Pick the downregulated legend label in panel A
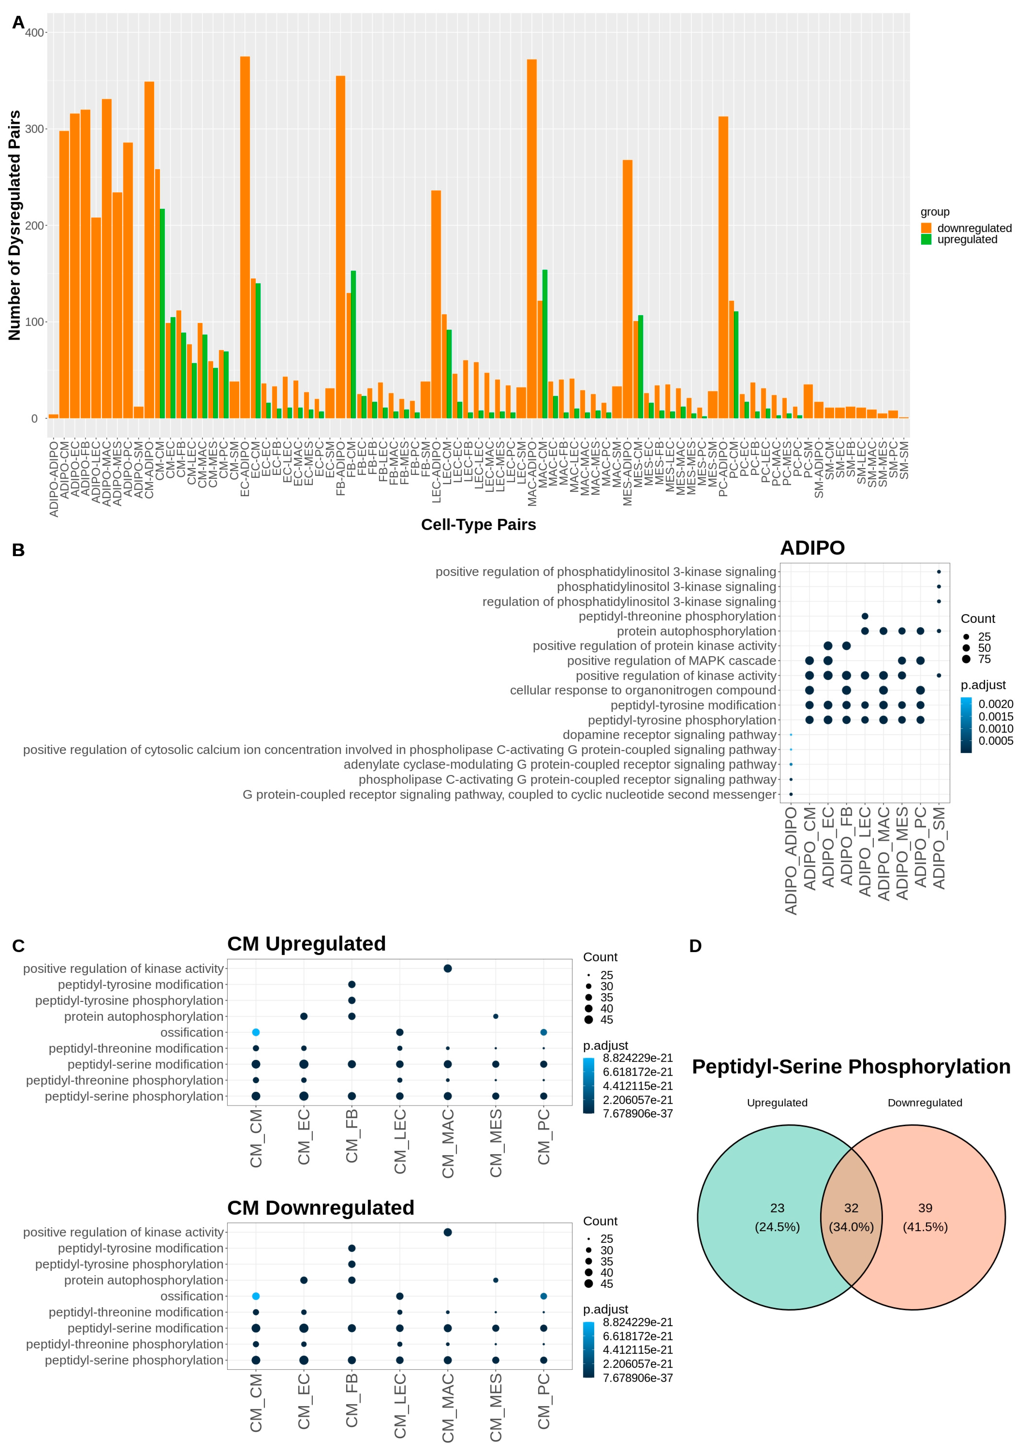tap(974, 228)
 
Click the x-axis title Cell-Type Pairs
tap(479, 525)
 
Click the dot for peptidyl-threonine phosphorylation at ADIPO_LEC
tap(865, 616)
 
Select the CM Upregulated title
tap(306, 944)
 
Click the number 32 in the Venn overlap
tap(851, 1208)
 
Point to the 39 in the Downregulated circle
tap(925, 1208)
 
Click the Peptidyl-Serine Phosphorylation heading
tap(851, 1066)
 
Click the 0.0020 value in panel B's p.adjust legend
tap(995, 704)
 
